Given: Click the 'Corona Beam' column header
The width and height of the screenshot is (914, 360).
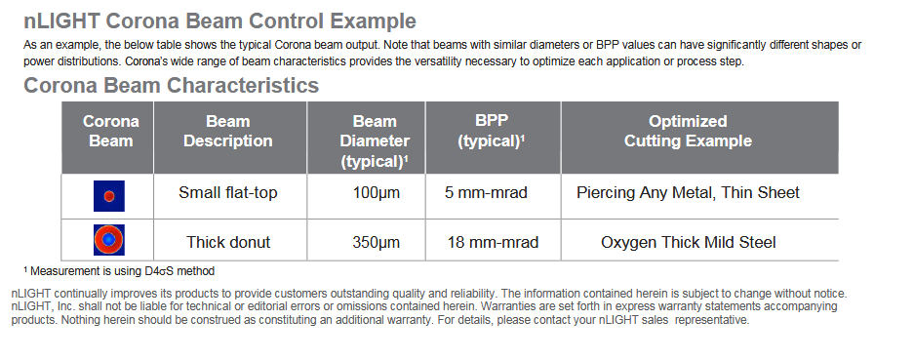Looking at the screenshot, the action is point(111,132).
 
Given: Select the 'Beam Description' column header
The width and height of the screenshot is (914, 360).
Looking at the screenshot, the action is point(228,132).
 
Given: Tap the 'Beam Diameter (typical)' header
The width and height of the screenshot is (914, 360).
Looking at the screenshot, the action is point(375,141).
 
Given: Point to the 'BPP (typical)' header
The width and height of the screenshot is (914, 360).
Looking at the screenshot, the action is point(492,132).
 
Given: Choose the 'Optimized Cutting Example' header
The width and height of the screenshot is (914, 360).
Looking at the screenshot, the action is point(688,132).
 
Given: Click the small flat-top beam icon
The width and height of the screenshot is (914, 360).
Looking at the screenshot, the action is point(109,196).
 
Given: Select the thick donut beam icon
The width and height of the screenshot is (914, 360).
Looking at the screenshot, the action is point(109,240).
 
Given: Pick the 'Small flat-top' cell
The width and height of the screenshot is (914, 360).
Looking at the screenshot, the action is point(228,193).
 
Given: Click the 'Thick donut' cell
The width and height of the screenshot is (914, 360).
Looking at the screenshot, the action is point(228,242).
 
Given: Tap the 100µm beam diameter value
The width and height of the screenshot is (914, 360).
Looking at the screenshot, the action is point(377,193).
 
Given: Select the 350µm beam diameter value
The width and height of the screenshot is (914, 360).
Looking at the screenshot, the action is point(377,242).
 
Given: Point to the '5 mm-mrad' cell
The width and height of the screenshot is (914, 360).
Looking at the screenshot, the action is point(486,193).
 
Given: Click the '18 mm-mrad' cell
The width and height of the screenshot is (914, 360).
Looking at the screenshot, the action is point(494,242).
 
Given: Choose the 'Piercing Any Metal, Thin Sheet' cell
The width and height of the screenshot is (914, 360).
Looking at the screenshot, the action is point(688,193).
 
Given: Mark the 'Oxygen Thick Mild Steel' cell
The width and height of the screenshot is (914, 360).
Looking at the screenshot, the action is point(689,242).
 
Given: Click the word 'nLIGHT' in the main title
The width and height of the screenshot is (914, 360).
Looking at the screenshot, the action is point(62,21).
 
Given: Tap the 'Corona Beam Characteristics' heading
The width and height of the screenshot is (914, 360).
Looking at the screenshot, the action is point(172,86).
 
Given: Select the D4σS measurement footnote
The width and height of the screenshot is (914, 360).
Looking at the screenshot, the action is point(119,271).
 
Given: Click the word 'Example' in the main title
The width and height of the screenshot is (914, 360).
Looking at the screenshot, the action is point(373,22).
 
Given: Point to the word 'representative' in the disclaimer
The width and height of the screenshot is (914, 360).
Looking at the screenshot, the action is point(712,320).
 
